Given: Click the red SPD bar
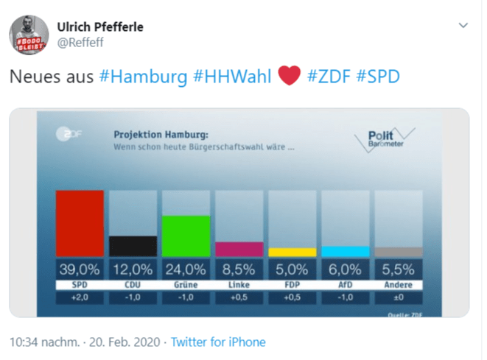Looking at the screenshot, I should click(80, 223).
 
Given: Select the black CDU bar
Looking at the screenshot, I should click(133, 246).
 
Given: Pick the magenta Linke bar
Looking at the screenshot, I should click(239, 249).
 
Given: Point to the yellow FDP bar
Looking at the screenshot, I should click(292, 252).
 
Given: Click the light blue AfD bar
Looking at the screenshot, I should click(345, 251).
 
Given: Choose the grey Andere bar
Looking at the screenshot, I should click(398, 252).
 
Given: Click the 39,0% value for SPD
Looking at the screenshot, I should click(80, 269).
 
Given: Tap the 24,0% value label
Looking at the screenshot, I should click(186, 269).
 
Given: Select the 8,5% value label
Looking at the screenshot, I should click(239, 269).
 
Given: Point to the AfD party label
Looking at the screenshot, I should click(345, 284).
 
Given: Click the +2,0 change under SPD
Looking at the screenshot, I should click(80, 297).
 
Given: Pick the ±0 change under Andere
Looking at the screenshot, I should click(398, 297).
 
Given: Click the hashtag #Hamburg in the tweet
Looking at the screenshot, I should click(142, 77).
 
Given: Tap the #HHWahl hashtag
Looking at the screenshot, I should click(232, 77).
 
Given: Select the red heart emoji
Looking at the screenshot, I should click(290, 76).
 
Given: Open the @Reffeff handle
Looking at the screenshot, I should click(80, 43).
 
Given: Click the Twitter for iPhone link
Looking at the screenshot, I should click(218, 342).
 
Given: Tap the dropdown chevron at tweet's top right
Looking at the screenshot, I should click(463, 26).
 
